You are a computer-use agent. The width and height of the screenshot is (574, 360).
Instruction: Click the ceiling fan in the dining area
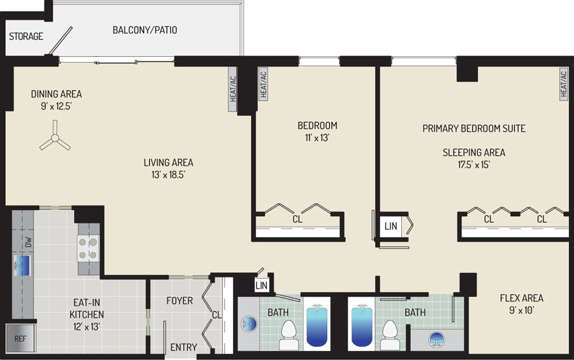click(55, 138)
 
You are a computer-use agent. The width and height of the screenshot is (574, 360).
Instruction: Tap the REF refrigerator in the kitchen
click(20, 338)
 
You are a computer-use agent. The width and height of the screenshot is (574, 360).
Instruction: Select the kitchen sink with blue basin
click(22, 266)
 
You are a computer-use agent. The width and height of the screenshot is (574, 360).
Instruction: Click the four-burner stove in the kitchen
click(88, 248)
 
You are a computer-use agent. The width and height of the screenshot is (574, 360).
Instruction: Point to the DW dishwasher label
click(29, 242)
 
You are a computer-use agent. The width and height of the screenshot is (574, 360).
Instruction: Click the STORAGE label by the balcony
click(26, 36)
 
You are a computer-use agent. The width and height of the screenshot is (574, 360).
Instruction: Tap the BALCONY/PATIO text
click(145, 29)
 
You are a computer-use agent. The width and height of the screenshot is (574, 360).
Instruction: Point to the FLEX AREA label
click(521, 298)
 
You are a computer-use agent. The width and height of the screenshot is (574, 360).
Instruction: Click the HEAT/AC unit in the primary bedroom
click(564, 84)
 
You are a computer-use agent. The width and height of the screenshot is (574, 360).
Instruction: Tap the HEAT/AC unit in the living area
click(233, 90)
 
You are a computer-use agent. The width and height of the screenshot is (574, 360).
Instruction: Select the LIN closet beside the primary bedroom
click(391, 226)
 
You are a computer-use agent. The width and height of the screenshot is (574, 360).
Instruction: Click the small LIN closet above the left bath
click(261, 285)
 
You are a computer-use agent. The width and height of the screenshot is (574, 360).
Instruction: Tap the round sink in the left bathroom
click(249, 324)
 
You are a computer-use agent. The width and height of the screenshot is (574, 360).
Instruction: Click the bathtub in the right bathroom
click(362, 325)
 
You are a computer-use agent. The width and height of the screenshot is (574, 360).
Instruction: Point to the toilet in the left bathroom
click(289, 335)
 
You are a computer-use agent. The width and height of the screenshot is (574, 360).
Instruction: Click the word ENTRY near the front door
click(183, 347)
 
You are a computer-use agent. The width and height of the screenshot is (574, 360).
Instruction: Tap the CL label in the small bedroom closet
click(297, 219)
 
